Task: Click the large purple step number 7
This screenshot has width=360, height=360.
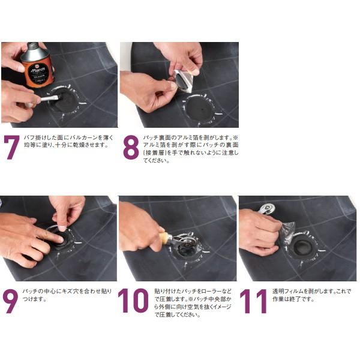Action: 12,148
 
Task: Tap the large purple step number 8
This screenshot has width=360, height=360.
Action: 131,148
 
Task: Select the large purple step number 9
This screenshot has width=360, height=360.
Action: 11,301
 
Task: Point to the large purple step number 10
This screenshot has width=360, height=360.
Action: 133,301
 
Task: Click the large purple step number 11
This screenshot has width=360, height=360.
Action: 253,301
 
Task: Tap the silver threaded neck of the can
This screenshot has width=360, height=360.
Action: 34,46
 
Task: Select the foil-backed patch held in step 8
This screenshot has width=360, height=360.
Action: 183,80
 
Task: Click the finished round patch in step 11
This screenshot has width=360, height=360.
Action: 302,248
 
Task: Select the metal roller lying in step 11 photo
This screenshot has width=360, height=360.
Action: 268,209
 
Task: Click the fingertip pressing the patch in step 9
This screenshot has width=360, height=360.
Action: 62,229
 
